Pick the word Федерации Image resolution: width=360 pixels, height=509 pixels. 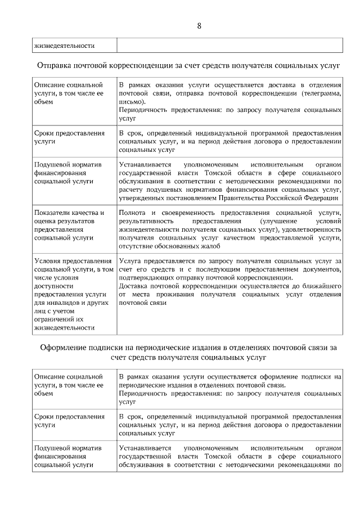tap(321, 197)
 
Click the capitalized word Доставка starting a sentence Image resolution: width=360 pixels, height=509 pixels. tap(134, 286)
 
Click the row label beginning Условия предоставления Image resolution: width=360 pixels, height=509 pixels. tap(73, 260)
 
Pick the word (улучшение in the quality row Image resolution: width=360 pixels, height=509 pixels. tap(269, 222)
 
